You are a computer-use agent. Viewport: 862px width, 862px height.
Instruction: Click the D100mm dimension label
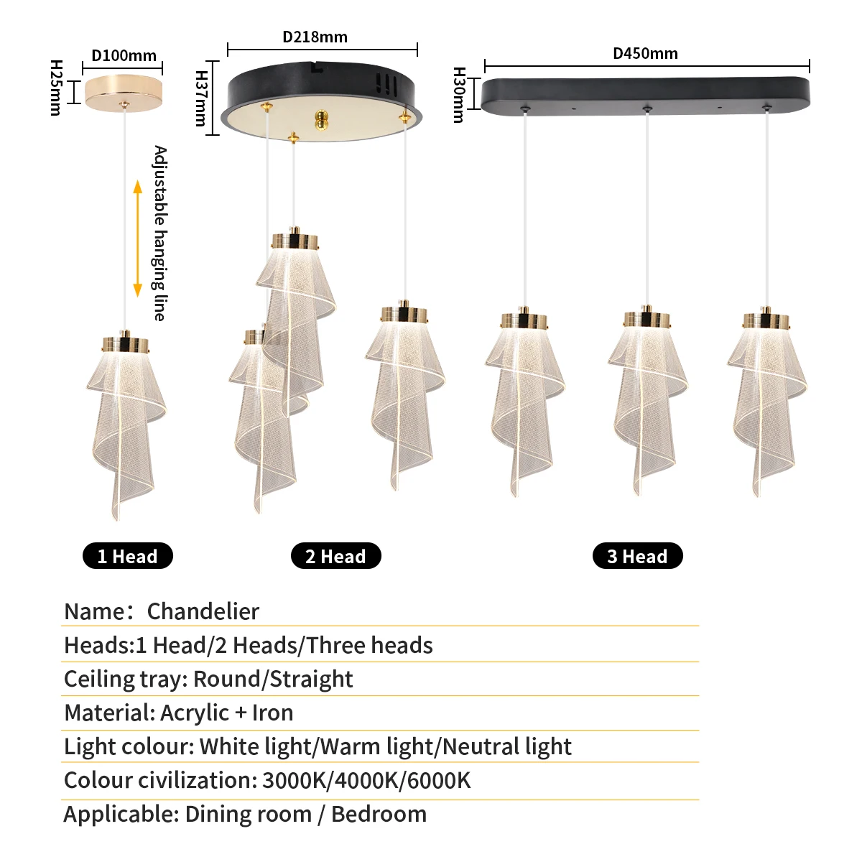(124, 56)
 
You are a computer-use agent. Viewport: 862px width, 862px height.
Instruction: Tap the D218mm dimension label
(315, 37)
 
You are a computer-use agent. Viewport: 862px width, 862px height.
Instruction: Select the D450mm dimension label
(645, 54)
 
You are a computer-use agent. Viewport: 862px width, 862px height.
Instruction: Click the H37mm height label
(202, 98)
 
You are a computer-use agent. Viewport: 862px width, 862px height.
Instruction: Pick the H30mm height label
(459, 95)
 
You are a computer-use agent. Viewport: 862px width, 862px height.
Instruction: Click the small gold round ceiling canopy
(124, 92)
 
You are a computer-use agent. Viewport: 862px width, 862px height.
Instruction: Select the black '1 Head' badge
(128, 556)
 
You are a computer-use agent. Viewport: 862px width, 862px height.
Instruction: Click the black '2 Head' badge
(335, 556)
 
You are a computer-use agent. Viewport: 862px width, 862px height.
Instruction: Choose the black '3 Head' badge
(637, 556)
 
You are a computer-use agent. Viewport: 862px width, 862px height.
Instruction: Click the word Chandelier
(203, 611)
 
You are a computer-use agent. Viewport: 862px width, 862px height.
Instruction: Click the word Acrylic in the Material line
(195, 713)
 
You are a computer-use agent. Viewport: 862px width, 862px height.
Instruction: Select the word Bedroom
(379, 814)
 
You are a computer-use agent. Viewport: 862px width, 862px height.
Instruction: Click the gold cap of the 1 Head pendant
(126, 345)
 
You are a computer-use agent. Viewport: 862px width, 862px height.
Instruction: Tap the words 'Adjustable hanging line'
(159, 233)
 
